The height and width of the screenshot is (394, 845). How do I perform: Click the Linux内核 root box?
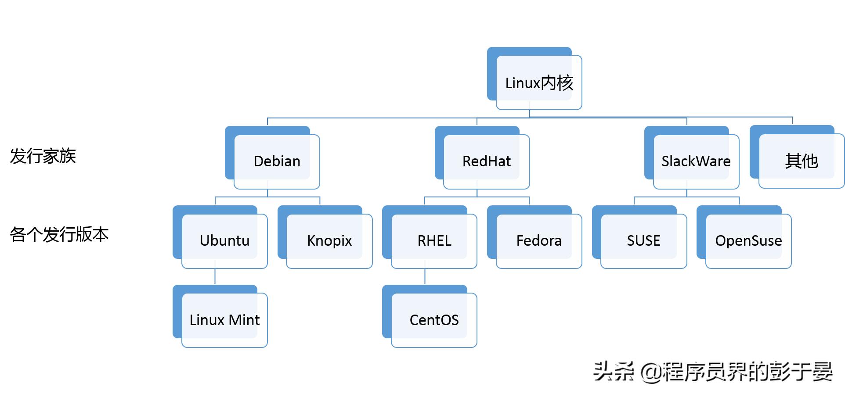539,82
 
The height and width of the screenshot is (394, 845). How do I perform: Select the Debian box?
277,161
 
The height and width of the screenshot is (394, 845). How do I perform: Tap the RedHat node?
486,161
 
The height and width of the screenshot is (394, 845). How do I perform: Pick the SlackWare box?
696,161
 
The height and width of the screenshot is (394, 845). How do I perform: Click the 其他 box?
801,161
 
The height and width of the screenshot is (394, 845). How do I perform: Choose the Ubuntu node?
224,240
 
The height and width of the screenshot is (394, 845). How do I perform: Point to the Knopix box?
329,240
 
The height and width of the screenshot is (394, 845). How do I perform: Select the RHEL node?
434,240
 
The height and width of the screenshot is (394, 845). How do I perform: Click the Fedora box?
539,240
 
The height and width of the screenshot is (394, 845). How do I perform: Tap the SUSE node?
643,240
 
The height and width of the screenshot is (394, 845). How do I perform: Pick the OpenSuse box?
748,240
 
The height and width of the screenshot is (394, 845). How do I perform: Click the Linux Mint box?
224,320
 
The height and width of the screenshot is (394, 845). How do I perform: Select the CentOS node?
434,320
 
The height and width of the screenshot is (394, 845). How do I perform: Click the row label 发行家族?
43,156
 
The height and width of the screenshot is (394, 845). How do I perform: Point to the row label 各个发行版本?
59,235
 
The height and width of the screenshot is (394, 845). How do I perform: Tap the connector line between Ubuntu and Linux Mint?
215,277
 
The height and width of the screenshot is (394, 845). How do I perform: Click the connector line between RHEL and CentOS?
425,277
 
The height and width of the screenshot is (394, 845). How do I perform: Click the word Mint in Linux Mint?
244,320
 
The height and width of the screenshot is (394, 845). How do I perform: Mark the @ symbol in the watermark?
650,373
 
